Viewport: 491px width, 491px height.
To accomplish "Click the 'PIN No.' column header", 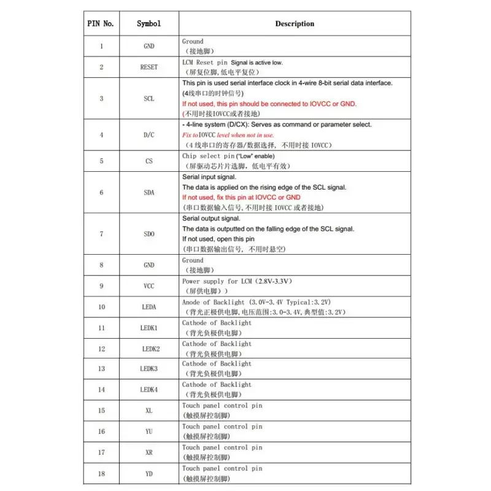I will [x=101, y=24].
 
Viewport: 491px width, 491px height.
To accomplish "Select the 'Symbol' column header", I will [x=149, y=24].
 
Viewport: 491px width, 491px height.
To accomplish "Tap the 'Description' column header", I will [x=294, y=24].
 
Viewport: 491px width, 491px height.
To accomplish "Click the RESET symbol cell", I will [x=149, y=68].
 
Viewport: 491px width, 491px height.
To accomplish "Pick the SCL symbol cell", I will [x=149, y=99].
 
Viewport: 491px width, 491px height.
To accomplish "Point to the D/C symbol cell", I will [x=149, y=134].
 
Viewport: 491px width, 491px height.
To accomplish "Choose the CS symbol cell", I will [x=149, y=161].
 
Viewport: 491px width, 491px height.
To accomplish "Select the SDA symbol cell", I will [x=149, y=193].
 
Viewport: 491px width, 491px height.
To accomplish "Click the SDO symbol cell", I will [x=149, y=234].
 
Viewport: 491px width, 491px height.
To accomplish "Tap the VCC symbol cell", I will [x=149, y=286].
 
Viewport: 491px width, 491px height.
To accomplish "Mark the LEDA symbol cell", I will [x=149, y=307].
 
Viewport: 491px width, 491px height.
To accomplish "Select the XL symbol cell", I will [x=149, y=411].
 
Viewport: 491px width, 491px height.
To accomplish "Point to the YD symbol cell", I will [x=149, y=473].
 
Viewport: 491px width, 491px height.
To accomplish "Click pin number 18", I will [x=101, y=473].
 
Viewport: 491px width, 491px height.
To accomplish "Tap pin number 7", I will [x=101, y=234].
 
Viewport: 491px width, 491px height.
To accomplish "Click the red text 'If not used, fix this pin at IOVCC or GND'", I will [x=241, y=198].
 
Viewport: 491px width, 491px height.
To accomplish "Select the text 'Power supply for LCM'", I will [x=217, y=281].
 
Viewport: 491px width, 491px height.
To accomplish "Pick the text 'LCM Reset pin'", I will [x=205, y=63].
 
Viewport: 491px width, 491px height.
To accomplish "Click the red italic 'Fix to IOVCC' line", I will [x=228, y=135].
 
